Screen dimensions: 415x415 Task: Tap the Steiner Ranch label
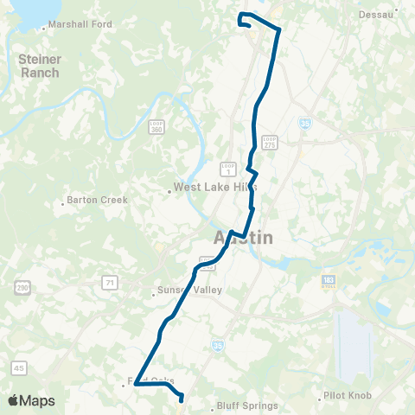[x=39, y=66]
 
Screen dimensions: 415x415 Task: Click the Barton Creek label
[x=97, y=201]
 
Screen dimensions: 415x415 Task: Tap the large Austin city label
[x=243, y=237]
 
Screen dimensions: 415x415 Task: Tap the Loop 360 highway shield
[x=156, y=127]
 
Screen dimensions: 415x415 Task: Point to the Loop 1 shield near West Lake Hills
[x=227, y=168]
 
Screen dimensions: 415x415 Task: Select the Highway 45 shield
[x=20, y=368]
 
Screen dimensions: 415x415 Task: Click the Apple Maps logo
[x=30, y=401]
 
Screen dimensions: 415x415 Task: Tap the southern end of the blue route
[x=181, y=399]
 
